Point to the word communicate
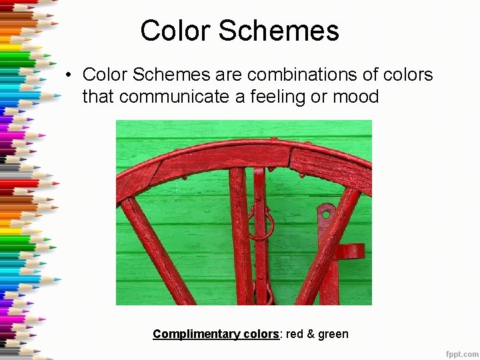coord(175,97)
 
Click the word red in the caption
coord(294,334)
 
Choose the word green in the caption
coord(333,334)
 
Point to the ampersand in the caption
coord(310,334)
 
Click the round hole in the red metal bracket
coord(325,214)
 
